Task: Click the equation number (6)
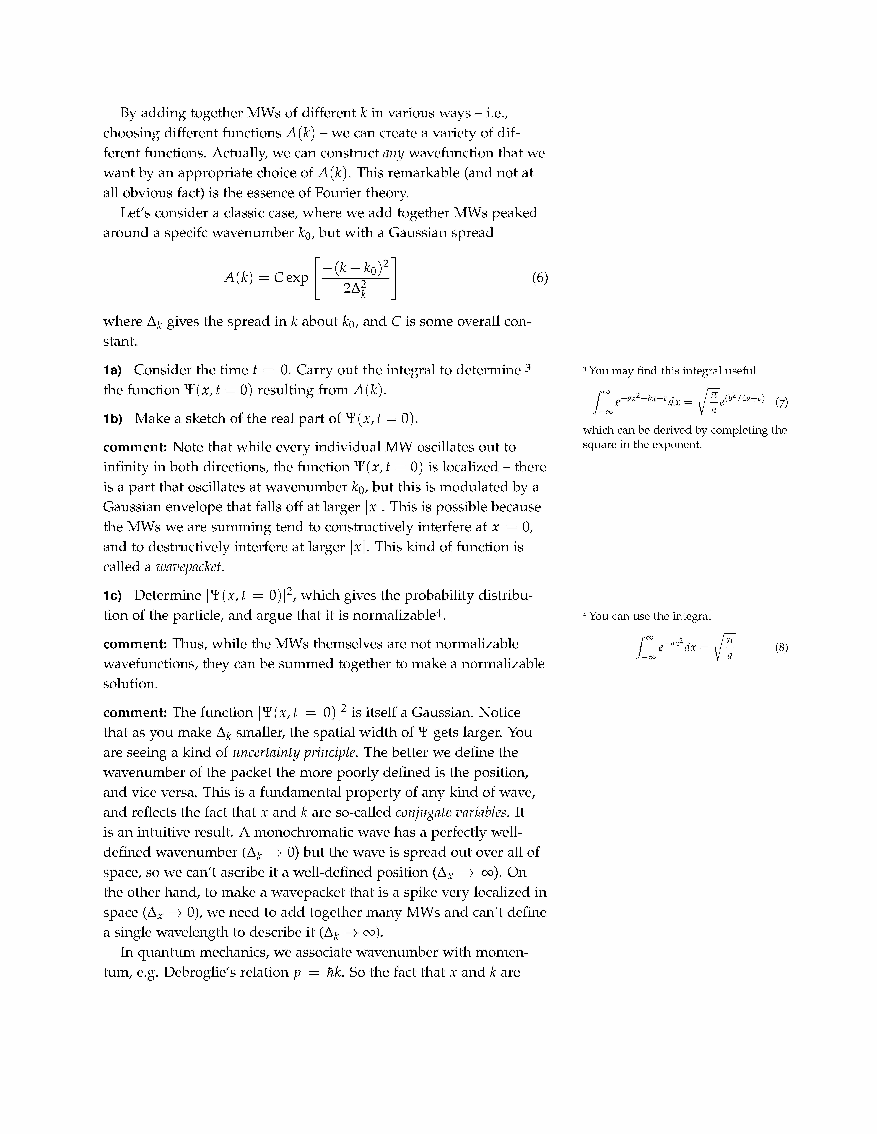pyautogui.click(x=540, y=278)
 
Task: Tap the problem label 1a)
pyautogui.click(x=112, y=370)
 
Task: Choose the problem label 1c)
pyautogui.click(x=112, y=596)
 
